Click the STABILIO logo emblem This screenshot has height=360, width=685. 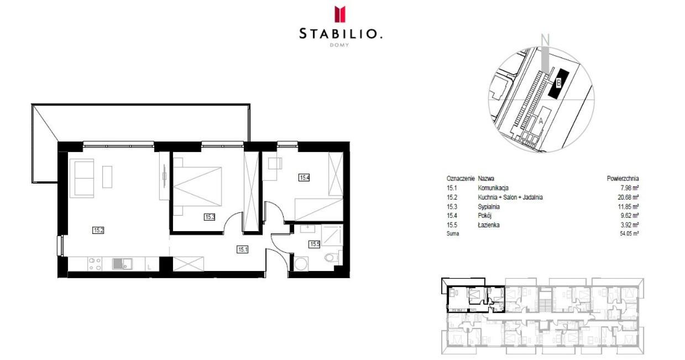coord(341,14)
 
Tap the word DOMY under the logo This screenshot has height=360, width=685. coord(341,45)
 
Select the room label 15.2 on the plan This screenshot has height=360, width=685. coord(98,230)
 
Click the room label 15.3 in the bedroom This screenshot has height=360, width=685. coord(209,217)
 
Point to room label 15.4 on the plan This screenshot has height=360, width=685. coord(304,178)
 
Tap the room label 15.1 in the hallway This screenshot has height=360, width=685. coord(242,249)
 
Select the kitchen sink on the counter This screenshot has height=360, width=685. coord(120,264)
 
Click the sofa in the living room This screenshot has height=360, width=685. coord(84,178)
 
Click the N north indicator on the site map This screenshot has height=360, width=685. coord(545,40)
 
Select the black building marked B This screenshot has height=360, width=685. coord(558,83)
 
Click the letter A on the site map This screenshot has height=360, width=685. coord(541,119)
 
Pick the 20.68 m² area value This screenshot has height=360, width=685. coord(628,197)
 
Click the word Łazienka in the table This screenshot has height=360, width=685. coord(489,225)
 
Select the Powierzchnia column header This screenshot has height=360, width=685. coord(623,179)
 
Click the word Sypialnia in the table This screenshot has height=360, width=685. coord(489,206)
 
